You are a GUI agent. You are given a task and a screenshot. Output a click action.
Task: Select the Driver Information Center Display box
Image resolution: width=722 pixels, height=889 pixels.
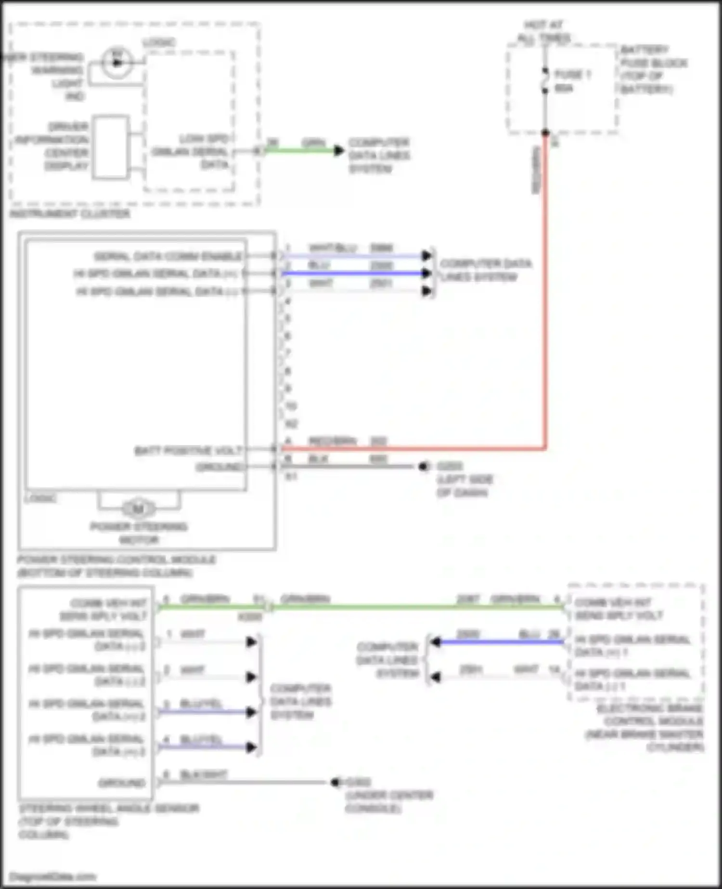tap(111, 147)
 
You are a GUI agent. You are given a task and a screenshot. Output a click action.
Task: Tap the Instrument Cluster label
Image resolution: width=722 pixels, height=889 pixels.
tap(70, 213)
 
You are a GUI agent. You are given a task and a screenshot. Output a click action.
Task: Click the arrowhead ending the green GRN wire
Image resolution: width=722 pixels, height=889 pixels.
tap(339, 150)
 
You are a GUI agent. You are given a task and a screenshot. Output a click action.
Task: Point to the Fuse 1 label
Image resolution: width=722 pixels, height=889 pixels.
tap(573, 75)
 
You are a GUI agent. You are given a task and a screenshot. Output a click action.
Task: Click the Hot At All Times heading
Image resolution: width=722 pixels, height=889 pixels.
tap(544, 31)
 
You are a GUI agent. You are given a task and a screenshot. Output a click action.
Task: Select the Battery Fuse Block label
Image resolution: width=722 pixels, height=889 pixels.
tap(653, 69)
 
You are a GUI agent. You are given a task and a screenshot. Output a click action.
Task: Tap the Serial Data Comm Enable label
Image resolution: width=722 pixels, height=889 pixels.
tap(168, 256)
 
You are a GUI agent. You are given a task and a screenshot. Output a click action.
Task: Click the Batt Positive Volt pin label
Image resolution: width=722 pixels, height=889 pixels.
tap(188, 450)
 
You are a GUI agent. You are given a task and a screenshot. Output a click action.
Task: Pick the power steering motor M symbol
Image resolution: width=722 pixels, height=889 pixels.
tap(139, 509)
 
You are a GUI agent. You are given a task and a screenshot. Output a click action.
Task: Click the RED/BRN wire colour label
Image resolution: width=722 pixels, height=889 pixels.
tap(333, 441)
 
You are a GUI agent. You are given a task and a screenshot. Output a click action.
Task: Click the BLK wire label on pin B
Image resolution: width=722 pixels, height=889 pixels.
tap(318, 459)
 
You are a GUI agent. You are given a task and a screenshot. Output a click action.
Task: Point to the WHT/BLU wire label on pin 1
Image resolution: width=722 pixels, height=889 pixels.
tap(333, 248)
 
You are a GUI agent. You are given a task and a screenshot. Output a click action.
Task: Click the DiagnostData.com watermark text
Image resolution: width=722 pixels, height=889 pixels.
tap(52, 876)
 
